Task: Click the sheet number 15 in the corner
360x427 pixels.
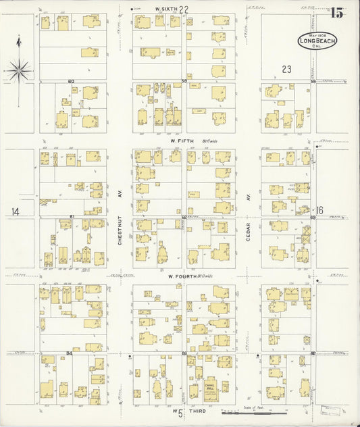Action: [x=336, y=11]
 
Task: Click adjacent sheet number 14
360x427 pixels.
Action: [x=14, y=211]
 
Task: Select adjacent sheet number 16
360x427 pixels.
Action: [x=321, y=210]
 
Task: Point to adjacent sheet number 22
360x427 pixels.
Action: [x=183, y=9]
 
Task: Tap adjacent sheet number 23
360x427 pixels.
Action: [x=286, y=68]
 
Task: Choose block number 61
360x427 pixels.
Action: [x=71, y=216]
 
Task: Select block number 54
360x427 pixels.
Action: [x=70, y=353]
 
